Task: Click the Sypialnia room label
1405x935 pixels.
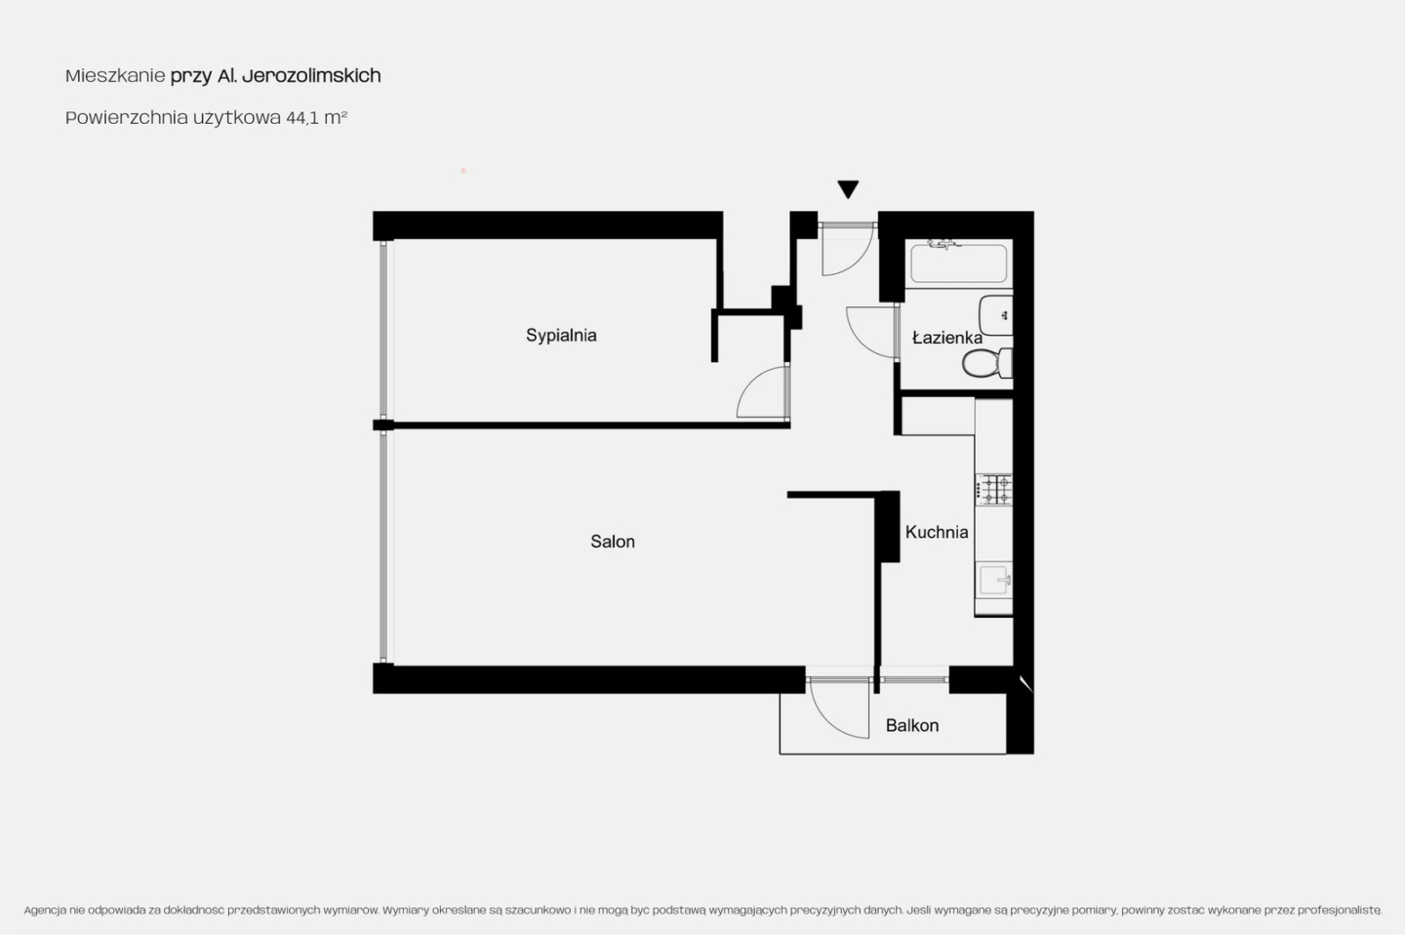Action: [561, 335]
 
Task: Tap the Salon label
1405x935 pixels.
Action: [612, 542]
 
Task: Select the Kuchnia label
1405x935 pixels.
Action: [937, 532]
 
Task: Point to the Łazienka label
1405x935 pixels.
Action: [947, 338]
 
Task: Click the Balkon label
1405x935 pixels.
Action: [912, 725]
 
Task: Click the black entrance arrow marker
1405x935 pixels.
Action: [848, 189]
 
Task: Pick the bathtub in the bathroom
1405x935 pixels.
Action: [958, 263]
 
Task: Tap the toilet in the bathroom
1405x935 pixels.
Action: [986, 363]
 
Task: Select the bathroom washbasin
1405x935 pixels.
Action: [996, 315]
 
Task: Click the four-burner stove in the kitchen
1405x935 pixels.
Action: [993, 490]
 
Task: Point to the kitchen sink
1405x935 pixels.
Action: [995, 579]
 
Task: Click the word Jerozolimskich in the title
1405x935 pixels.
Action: [311, 76]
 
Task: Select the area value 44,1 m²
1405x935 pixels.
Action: [317, 117]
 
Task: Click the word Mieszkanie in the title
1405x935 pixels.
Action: [115, 76]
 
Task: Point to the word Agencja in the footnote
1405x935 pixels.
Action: [45, 911]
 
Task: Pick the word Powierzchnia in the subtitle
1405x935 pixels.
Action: [127, 117]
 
